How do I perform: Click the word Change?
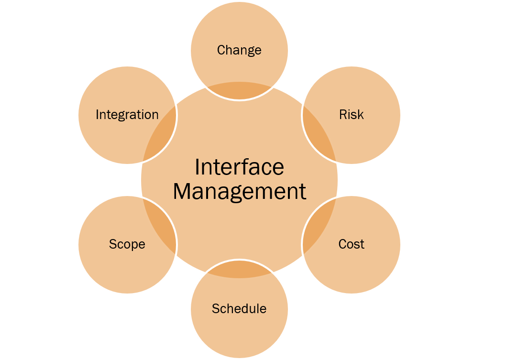point(239,50)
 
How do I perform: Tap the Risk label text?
point(352,115)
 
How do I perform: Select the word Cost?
point(352,244)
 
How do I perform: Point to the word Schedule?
point(239,309)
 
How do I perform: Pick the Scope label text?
point(127,244)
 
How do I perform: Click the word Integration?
point(127,115)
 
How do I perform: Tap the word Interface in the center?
point(239,167)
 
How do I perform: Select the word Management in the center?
point(239,191)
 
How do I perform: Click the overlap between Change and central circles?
point(239,91)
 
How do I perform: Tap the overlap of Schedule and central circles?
point(239,270)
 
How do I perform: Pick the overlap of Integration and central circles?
point(161,134)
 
